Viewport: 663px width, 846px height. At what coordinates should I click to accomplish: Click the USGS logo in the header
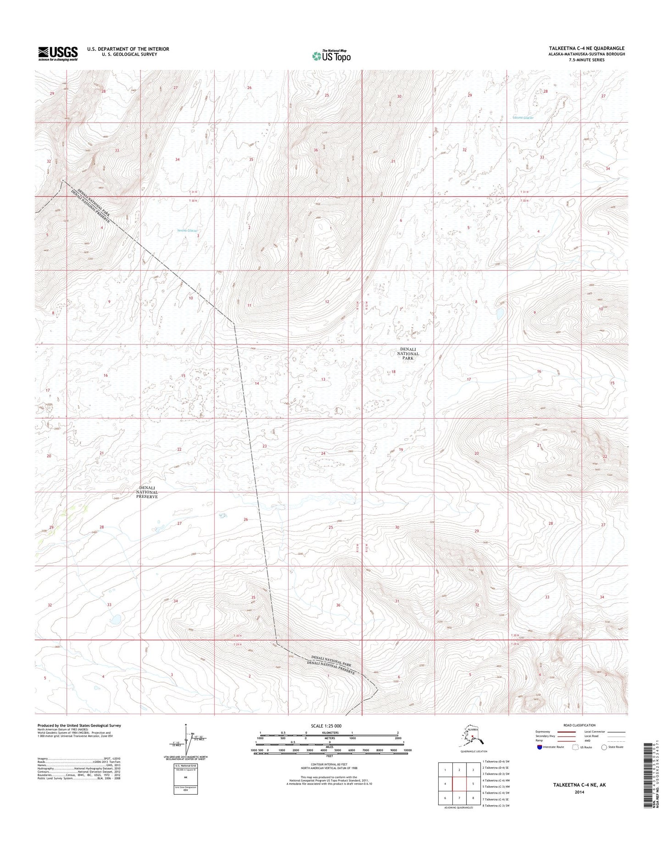click(x=57, y=53)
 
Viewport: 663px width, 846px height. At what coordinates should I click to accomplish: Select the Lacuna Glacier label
click(x=523, y=118)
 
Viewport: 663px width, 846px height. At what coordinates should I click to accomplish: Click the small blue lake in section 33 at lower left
click(x=114, y=620)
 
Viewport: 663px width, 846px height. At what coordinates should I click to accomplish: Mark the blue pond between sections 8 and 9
click(x=500, y=314)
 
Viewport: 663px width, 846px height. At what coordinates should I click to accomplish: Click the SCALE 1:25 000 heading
click(x=326, y=726)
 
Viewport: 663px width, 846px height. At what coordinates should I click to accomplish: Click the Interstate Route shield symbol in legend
click(x=539, y=747)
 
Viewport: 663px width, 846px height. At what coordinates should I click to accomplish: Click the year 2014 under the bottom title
click(x=579, y=792)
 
